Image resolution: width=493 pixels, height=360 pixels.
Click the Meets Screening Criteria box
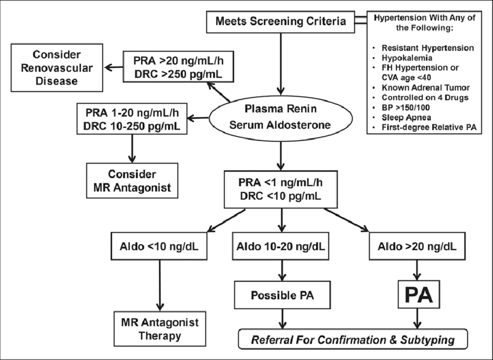point(281,23)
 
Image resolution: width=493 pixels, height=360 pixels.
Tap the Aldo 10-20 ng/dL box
point(281,246)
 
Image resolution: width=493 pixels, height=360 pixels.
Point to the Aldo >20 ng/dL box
point(416,246)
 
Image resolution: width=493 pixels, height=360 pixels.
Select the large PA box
point(416,294)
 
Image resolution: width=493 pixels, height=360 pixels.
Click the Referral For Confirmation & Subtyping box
point(352,340)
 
